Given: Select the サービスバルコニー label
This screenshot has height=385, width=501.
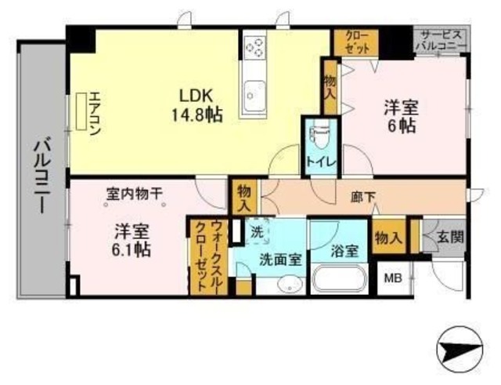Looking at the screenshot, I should point(442,41).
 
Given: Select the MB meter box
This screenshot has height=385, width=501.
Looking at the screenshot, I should point(390,276).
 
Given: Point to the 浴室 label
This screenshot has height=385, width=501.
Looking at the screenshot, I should point(344,252).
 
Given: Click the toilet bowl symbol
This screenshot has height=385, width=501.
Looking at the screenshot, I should point(318,135).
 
